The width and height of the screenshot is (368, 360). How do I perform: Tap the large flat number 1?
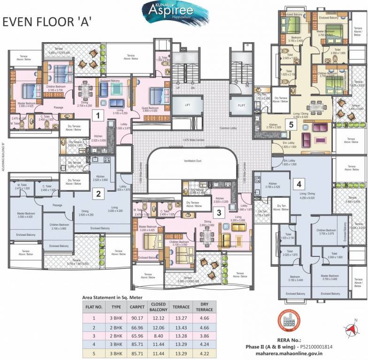[x=97, y=115]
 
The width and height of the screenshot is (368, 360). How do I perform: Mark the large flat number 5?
[x=291, y=125]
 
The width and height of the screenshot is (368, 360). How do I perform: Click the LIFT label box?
[x=187, y=106]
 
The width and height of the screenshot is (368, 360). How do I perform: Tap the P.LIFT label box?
[x=241, y=105]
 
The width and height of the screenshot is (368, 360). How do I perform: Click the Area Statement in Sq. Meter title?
[x=113, y=298]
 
